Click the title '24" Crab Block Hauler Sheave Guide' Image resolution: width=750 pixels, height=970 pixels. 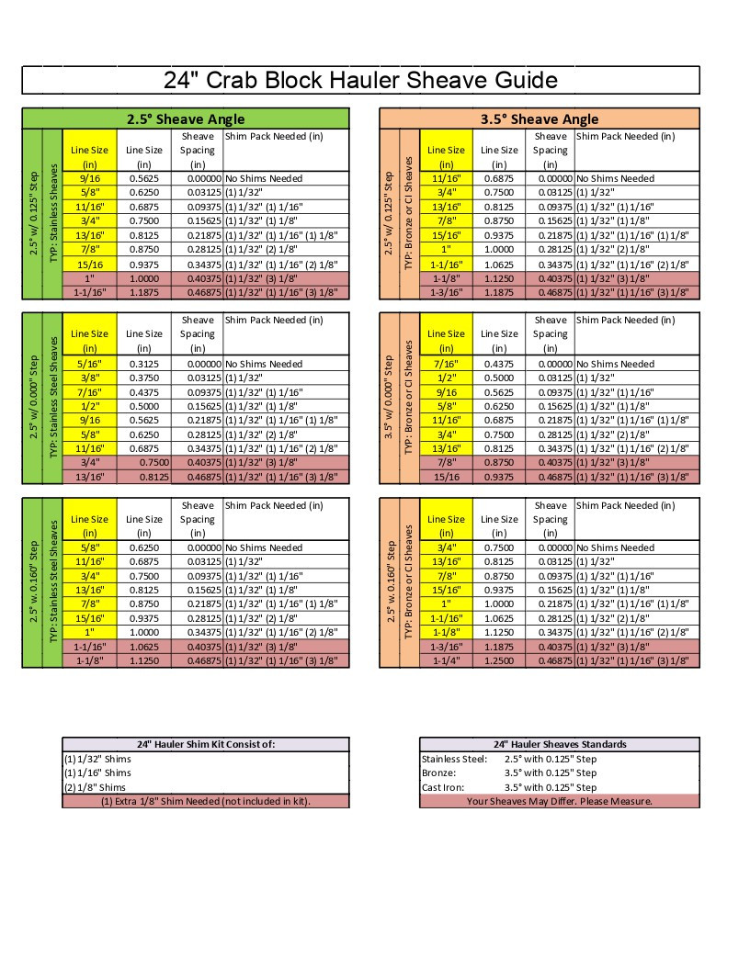(x=360, y=80)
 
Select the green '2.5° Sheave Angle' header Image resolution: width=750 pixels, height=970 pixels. (x=186, y=118)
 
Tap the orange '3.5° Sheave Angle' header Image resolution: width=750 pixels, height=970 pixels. (x=539, y=118)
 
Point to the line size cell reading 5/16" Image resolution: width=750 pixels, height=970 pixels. (x=89, y=364)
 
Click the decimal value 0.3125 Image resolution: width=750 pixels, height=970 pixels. (x=143, y=364)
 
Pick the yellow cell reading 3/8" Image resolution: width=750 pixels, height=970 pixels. (x=89, y=378)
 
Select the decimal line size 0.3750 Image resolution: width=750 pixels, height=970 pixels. (x=143, y=378)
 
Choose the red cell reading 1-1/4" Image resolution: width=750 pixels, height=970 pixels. (x=447, y=660)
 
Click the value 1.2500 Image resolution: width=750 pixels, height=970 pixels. (x=500, y=660)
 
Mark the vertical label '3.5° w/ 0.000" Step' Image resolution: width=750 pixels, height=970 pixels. (x=389, y=398)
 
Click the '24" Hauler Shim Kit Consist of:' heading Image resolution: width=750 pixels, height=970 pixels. (x=206, y=744)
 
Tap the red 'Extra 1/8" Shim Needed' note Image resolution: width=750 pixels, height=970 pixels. (x=206, y=801)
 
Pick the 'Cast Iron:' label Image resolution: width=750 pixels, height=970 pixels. (x=442, y=787)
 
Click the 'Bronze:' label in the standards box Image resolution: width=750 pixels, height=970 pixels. (x=438, y=773)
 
